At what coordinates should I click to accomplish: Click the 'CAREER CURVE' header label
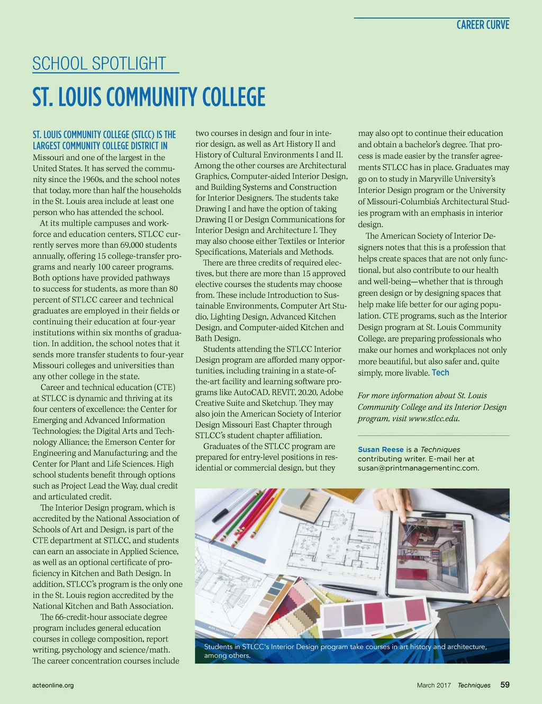pos(483,25)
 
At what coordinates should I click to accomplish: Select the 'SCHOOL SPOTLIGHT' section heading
pos(100,64)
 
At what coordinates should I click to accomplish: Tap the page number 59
pos(505,684)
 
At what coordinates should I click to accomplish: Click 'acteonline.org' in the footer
pos(53,685)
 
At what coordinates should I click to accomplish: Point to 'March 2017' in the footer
pos(433,685)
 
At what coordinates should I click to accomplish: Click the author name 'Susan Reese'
pos(381,449)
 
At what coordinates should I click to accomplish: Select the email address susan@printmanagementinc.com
pos(418,468)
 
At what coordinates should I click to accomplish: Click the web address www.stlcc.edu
pos(433,418)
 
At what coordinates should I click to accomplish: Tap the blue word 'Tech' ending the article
pos(440,373)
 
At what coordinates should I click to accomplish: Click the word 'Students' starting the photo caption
pos(218,646)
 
